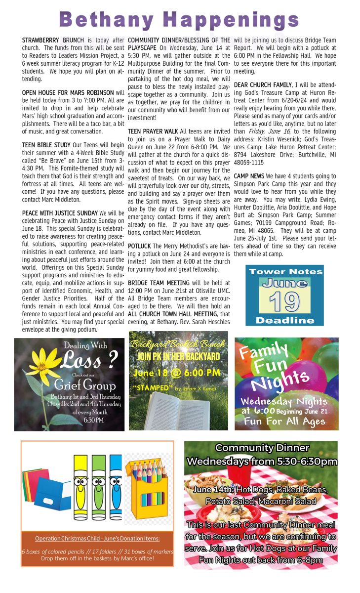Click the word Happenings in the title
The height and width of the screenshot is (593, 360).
(231, 20)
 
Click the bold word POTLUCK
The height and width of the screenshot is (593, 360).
(139, 246)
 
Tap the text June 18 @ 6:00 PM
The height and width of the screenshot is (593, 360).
(177, 373)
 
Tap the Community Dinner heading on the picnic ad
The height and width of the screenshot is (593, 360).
(262, 448)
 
